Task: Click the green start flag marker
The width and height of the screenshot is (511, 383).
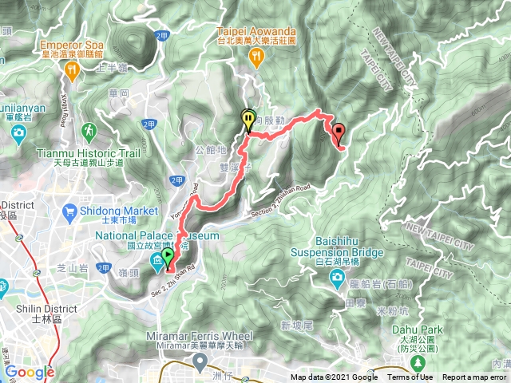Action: [x=168, y=258]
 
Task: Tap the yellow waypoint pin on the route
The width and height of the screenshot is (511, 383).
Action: [x=249, y=120]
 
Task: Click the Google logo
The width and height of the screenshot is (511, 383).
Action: [x=30, y=372]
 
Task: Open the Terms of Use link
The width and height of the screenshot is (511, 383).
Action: [x=410, y=377]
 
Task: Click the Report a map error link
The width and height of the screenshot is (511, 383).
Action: [x=474, y=377]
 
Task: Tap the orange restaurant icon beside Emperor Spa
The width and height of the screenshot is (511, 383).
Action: [x=71, y=70]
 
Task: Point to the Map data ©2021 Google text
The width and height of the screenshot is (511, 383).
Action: [x=334, y=377]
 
